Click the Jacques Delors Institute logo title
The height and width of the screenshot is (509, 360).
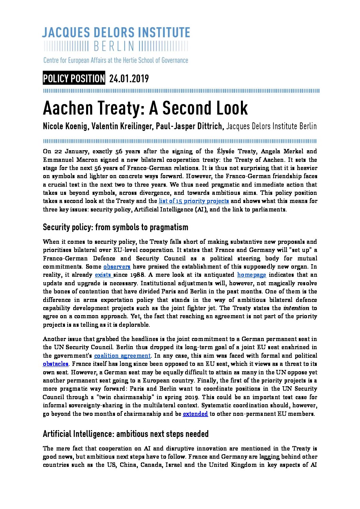(116, 33)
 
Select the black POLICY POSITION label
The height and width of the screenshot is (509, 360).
(74, 79)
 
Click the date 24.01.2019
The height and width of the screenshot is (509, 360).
(129, 79)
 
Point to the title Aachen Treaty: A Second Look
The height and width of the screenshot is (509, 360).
(145, 108)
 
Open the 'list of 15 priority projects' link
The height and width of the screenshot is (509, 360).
(194, 201)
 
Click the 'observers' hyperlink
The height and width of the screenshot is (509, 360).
(117, 267)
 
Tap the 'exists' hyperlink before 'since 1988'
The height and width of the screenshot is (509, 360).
(103, 275)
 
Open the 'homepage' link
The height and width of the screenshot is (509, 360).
(251, 275)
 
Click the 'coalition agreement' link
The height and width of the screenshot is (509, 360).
(122, 356)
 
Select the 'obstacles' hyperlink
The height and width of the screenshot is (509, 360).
(55, 364)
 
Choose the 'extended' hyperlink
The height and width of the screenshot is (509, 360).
(195, 414)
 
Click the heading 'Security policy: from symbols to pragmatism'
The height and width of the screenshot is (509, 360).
(115, 227)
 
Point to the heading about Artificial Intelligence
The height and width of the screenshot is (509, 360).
(126, 434)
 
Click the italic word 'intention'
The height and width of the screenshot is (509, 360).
(296, 308)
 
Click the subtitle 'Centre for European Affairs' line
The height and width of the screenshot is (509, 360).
(116, 61)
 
